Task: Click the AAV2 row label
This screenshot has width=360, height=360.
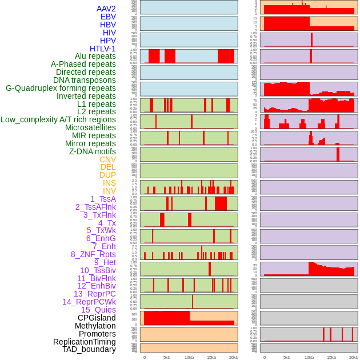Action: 106,9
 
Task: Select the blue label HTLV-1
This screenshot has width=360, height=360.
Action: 103,49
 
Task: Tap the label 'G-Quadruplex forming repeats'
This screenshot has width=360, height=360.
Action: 61,88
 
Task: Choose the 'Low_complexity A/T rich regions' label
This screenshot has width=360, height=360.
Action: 58,119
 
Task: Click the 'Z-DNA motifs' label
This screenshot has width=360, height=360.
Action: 93,151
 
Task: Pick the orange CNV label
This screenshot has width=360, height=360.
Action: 107,159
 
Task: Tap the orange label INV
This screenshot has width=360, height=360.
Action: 109,191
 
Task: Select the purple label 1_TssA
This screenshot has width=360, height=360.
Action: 103,199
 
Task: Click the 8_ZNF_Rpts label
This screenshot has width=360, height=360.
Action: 93,254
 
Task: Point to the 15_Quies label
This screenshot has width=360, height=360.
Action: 98,310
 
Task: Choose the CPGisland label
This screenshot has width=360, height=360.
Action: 97,318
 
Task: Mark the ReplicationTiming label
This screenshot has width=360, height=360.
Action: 85,342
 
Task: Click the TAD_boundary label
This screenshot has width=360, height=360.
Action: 89,349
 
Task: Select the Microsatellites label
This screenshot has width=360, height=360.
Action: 90,127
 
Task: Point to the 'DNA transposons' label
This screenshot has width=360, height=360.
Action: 85,80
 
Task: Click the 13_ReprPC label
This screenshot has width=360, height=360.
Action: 95,294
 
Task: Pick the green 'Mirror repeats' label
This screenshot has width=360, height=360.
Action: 91,143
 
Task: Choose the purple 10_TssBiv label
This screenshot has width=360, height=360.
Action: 98,270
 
